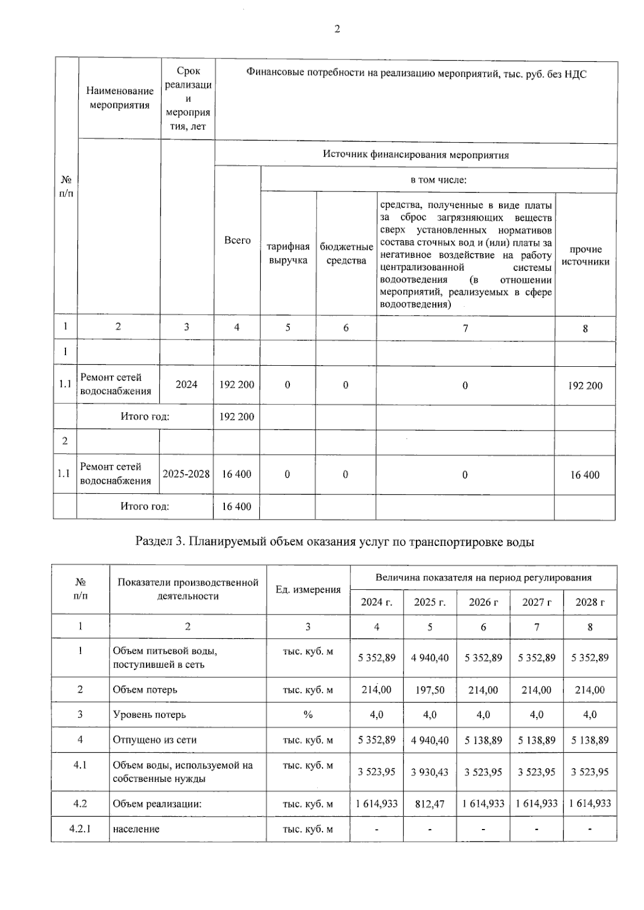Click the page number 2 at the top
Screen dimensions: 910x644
click(337, 29)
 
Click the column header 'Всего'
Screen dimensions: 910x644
click(237, 240)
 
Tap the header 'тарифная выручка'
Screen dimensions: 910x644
click(288, 253)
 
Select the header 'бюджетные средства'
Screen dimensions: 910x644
click(346, 253)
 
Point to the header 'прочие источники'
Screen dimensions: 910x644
click(586, 255)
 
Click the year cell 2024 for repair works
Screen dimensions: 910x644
click(186, 384)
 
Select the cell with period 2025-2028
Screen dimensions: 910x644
click(186, 474)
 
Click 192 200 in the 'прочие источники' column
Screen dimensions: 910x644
click(585, 386)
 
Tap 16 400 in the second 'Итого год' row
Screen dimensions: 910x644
click(237, 506)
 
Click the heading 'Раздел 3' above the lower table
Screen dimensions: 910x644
click(334, 542)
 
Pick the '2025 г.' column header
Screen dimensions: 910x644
click(430, 602)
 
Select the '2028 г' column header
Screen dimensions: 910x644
click(590, 602)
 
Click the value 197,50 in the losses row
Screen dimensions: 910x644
click(430, 690)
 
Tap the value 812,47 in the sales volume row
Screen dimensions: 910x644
click(430, 804)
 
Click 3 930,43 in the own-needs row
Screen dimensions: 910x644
click(430, 772)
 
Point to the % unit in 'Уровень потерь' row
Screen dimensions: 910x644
click(308, 715)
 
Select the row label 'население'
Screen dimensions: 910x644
click(136, 829)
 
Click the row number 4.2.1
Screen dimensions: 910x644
click(80, 828)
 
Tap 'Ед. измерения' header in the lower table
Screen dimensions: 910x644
click(308, 589)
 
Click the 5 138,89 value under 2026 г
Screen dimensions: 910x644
click(483, 740)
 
